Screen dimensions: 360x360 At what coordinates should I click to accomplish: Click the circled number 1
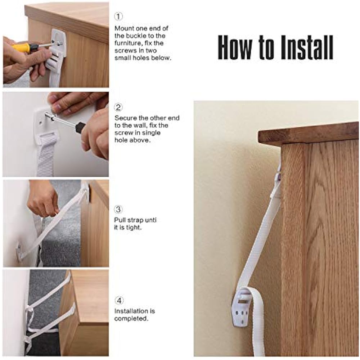coord(118,16)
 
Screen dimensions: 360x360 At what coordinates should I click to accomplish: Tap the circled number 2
coord(118,107)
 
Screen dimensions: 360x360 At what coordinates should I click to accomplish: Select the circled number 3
coord(118,210)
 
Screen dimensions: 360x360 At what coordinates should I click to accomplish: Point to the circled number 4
coord(119,301)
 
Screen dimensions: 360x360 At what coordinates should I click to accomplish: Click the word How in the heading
coord(235,48)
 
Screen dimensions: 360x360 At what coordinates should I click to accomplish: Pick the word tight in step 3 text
coord(134,228)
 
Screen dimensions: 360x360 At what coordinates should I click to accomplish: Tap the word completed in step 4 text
coord(131,319)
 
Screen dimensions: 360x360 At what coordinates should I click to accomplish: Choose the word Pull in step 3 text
coord(120,220)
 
